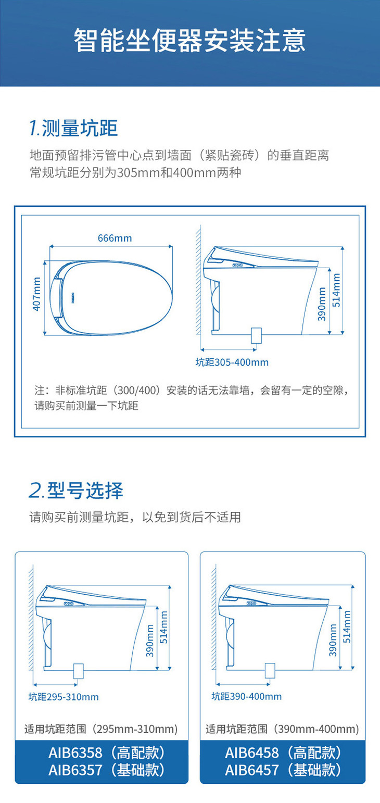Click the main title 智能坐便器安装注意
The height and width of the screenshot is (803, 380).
click(x=189, y=41)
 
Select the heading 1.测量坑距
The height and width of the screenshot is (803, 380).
click(x=73, y=128)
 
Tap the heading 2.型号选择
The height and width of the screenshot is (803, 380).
click(x=76, y=491)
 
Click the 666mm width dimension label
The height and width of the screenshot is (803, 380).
click(x=115, y=238)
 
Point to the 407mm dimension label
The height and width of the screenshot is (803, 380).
click(x=36, y=294)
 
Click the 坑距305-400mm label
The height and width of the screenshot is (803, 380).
click(x=232, y=362)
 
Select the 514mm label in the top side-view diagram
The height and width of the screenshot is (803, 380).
click(x=336, y=290)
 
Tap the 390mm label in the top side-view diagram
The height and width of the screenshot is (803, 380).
click(x=322, y=304)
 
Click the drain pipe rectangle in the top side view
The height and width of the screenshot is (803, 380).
click(x=256, y=335)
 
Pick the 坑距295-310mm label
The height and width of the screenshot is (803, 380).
click(x=64, y=697)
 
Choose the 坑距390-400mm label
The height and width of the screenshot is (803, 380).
click(x=247, y=697)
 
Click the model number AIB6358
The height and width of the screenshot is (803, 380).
click(x=75, y=753)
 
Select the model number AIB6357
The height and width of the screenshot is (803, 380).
click(x=75, y=770)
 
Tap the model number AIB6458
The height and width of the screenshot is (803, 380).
click(x=251, y=753)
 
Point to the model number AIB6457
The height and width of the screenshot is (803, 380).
click(x=251, y=770)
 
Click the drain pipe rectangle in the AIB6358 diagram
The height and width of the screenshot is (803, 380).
click(x=78, y=671)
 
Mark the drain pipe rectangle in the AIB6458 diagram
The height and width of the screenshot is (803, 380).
click(x=270, y=670)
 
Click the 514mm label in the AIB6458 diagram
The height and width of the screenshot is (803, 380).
click(x=347, y=627)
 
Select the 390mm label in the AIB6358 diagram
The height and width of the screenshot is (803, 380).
click(x=150, y=641)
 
